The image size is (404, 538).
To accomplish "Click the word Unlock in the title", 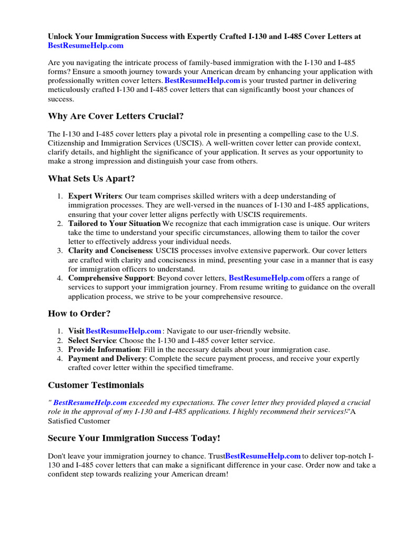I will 60,37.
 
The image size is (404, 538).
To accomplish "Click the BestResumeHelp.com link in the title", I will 86,46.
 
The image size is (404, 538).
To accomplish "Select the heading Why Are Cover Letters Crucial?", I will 116,116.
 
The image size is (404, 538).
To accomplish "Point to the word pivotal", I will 198,134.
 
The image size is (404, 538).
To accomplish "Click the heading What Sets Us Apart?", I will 92,179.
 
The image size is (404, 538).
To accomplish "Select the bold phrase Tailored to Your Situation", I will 114,224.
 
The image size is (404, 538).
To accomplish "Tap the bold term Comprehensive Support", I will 110,278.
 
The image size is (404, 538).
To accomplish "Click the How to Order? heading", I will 79,314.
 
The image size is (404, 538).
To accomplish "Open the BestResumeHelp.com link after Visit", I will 123,331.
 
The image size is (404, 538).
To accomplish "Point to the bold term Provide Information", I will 104,349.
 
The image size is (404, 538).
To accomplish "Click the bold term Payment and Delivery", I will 106,359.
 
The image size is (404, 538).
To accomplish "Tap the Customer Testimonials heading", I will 96,385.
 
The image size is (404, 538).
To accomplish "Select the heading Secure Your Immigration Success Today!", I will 134,438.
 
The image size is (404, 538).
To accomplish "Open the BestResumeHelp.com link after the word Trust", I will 263,456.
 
